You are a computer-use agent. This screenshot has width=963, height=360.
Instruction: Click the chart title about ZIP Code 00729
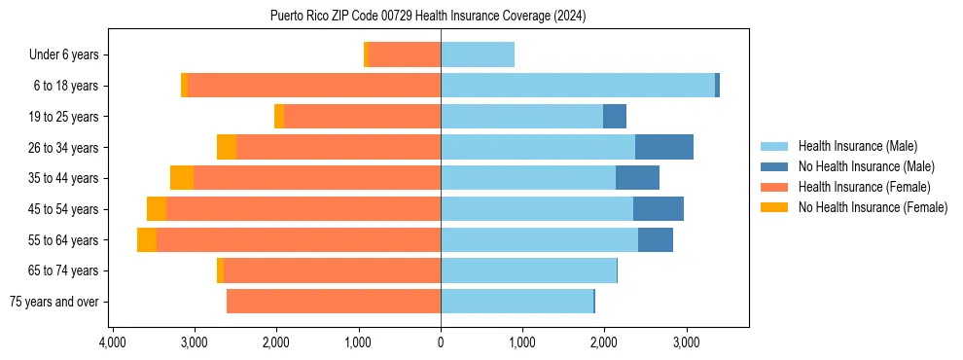[x=428, y=16]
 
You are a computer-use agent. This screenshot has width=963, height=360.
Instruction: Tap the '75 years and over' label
[x=53, y=302]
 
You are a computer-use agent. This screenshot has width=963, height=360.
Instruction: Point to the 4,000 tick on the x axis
[x=113, y=342]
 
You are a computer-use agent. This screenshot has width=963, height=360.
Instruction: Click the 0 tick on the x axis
[x=441, y=342]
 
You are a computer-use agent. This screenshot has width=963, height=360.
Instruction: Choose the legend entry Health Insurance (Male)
[x=857, y=146]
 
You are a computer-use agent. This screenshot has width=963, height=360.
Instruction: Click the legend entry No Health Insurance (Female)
[x=873, y=207]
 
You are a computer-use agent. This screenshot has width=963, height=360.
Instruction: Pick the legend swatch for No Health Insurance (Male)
[x=775, y=166]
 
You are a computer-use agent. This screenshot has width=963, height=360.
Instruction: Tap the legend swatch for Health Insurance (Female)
[x=775, y=187]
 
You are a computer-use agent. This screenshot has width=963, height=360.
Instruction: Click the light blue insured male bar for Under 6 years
[x=478, y=55]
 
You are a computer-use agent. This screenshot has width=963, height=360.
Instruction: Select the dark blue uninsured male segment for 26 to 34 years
[x=664, y=148]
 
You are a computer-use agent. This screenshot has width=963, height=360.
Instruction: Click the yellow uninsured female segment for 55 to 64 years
[x=147, y=240]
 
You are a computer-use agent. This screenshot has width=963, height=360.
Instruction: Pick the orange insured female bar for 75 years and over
[x=334, y=302]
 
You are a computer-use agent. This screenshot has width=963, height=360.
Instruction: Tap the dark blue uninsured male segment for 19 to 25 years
[x=615, y=117]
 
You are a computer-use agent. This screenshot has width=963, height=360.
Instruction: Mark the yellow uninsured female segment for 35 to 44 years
[x=182, y=178]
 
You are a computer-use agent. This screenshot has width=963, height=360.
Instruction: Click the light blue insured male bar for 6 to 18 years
[x=578, y=86]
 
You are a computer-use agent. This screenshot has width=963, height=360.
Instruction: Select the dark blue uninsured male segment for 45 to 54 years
[x=659, y=209]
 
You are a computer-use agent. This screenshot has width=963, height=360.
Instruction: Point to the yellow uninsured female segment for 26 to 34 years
[x=227, y=148]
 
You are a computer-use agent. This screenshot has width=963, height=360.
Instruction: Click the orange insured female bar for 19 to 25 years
[x=362, y=117]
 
